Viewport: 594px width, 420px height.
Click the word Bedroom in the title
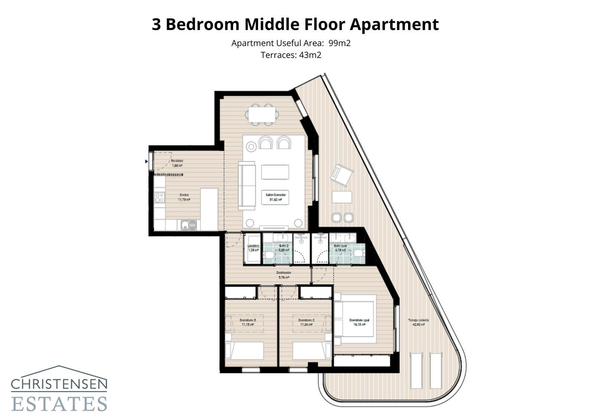[202, 25]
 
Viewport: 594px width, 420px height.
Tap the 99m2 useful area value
[339, 43]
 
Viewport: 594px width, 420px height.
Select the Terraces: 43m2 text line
[291, 55]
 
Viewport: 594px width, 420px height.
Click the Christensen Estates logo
[59, 390]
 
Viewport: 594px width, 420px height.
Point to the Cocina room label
[184, 195]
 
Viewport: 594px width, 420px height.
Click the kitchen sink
[189, 225]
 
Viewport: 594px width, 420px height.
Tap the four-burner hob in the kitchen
[160, 197]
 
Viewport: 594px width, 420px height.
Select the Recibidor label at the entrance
[177, 161]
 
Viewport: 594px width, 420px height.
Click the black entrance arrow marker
[146, 162]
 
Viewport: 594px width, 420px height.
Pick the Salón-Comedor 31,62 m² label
[275, 197]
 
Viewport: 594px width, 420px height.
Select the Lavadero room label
[253, 246]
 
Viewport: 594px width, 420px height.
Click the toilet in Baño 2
[268, 255]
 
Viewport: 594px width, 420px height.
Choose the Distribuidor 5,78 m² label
[284, 275]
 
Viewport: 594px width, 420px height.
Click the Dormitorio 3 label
[248, 320]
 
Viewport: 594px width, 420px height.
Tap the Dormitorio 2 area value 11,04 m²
[306, 325]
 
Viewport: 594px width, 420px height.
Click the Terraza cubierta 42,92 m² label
[418, 322]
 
